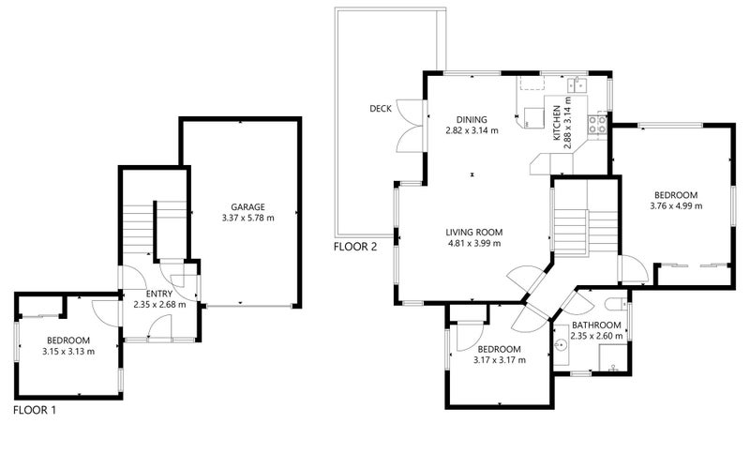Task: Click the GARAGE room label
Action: click(247, 207)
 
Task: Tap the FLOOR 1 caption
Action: click(35, 410)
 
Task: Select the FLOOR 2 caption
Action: click(355, 247)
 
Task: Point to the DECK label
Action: click(381, 109)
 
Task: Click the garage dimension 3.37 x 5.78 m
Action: click(247, 219)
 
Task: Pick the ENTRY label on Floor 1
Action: click(159, 294)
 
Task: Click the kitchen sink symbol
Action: click(577, 84)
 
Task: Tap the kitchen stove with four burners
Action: click(597, 125)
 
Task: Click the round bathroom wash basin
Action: click(561, 343)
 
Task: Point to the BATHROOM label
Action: click(596, 325)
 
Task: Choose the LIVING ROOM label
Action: click(474, 233)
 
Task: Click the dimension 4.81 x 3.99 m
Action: click(474, 243)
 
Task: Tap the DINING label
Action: click(472, 120)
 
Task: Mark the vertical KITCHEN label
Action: click(557, 123)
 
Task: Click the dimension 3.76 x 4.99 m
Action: click(676, 205)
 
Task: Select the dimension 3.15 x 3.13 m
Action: click(68, 351)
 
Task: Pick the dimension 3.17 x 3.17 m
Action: click(500, 360)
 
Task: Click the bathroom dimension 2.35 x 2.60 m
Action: click(596, 336)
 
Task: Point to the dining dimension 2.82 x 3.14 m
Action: click(472, 130)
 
